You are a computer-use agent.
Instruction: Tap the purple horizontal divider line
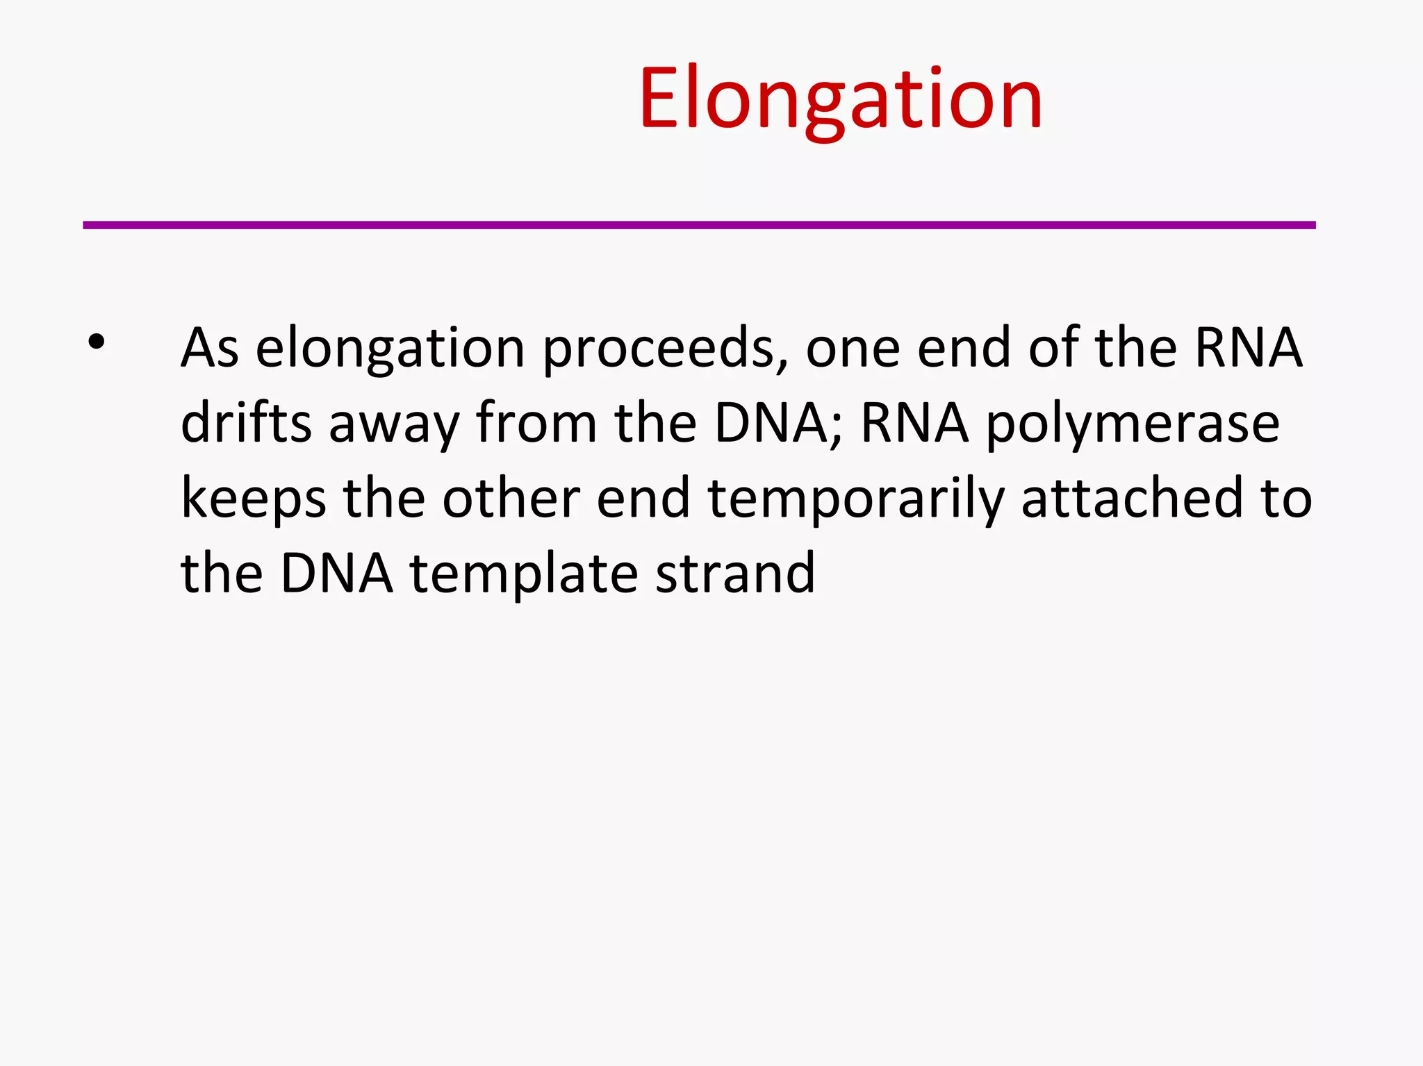pyautogui.click(x=699, y=225)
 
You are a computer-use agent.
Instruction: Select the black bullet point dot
pyautogui.click(x=97, y=342)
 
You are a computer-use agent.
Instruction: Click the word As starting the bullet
pyautogui.click(x=210, y=347)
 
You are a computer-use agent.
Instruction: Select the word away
pyautogui.click(x=394, y=424)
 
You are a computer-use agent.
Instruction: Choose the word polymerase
pyautogui.click(x=1133, y=424)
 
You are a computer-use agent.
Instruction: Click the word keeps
pyautogui.click(x=253, y=499)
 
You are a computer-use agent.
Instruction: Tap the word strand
pyautogui.click(x=735, y=574)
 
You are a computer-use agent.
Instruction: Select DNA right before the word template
pyautogui.click(x=336, y=574)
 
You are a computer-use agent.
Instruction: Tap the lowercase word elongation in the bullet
pyautogui.click(x=390, y=349)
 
